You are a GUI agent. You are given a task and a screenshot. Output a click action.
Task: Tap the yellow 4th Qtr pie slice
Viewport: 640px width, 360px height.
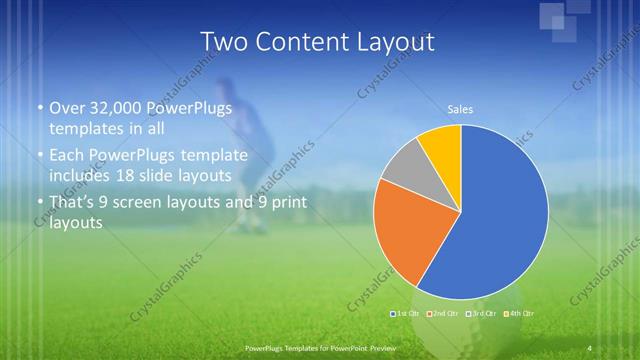pos(441,146)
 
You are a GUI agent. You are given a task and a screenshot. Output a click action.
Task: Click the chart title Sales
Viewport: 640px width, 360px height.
pos(460,109)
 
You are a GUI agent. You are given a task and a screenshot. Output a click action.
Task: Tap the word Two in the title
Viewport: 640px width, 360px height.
pos(222,42)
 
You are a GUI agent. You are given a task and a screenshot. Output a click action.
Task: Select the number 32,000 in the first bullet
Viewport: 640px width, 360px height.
pos(115,108)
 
